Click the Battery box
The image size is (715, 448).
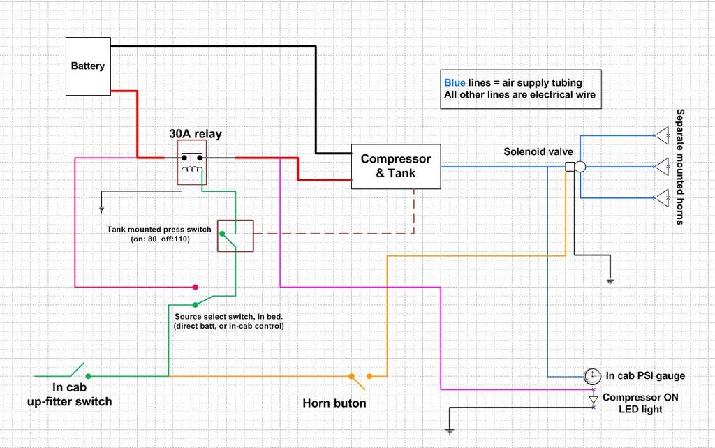[88, 66]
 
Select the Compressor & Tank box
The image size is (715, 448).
[396, 166]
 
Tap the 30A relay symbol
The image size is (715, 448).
[192, 163]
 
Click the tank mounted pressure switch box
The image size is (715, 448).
[235, 236]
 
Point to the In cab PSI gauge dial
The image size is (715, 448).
[592, 376]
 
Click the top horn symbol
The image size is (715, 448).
[662, 135]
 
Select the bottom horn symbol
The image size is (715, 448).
[662, 197]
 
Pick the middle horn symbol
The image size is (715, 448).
[662, 167]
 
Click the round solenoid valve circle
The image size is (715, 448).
[580, 167]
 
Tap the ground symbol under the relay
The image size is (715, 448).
[101, 209]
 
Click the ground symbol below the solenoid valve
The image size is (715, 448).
[610, 282]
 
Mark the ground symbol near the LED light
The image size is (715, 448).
[450, 431]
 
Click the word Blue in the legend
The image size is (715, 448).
[455, 83]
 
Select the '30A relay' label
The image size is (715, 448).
[196, 134]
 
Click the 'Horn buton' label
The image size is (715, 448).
[334, 403]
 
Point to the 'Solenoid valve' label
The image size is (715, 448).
[538, 151]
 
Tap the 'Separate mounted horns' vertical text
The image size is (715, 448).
[680, 167]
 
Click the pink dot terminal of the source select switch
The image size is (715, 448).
[196, 287]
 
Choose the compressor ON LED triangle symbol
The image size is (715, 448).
[594, 400]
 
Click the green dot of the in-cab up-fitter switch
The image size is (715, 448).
[89, 376]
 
